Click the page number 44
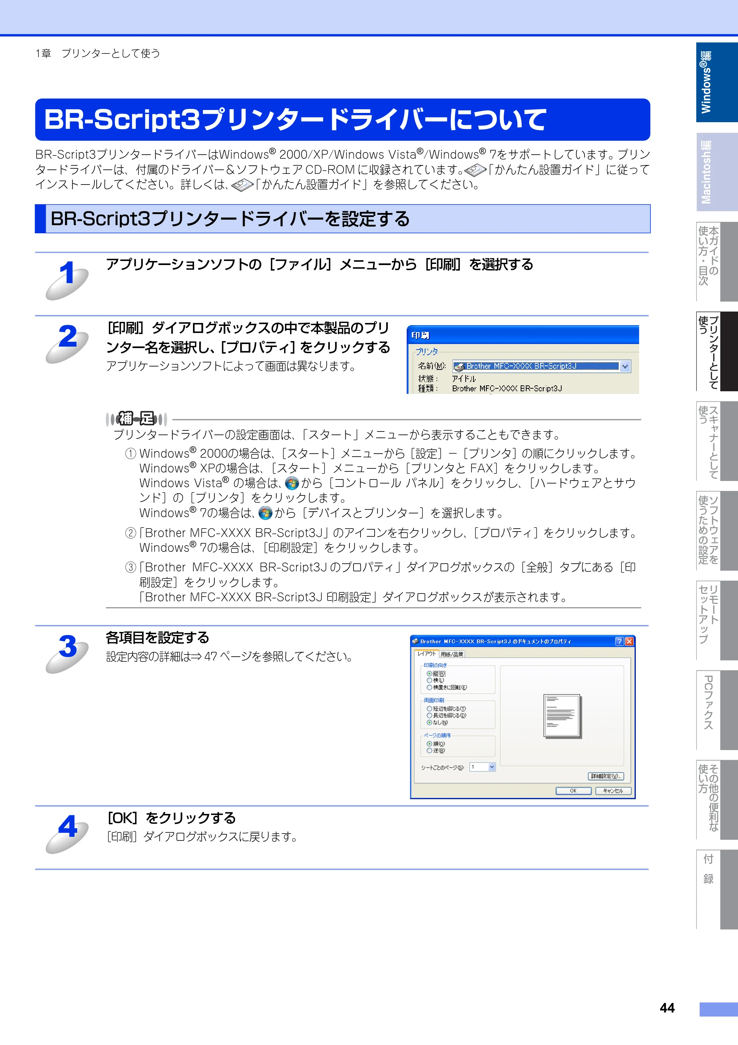click(x=667, y=1008)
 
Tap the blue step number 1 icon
click(x=67, y=279)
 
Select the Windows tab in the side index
click(x=717, y=82)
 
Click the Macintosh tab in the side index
click(x=717, y=172)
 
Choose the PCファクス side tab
click(x=717, y=710)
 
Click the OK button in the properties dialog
click(x=573, y=791)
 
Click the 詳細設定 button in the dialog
click(x=606, y=776)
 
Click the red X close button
click(x=629, y=641)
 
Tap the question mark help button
click(x=619, y=641)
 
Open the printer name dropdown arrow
click(x=625, y=367)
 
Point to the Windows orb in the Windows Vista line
click(x=292, y=483)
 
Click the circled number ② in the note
click(x=131, y=533)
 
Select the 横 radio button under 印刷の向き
click(x=429, y=680)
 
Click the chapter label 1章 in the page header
click(x=43, y=54)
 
